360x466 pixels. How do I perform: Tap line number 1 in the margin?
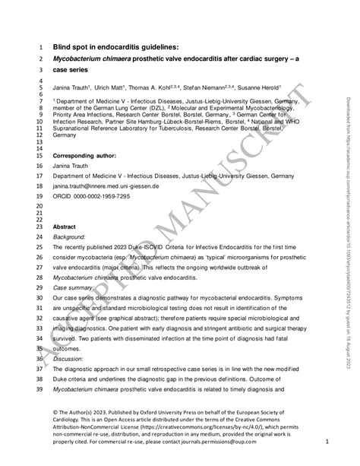pos(40,45)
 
